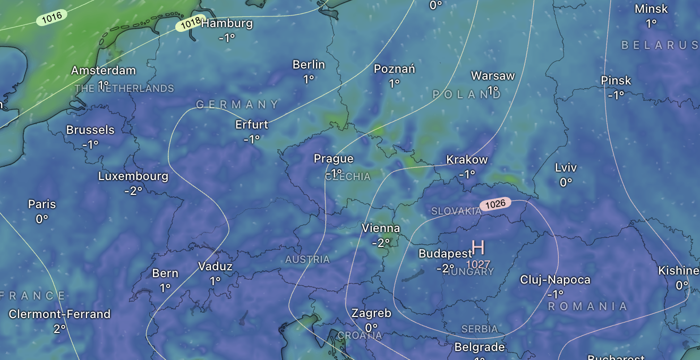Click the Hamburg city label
tap(227, 23)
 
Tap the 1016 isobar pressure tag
tap(52, 17)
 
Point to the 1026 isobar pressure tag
tap(495, 203)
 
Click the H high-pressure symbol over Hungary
tap(478, 247)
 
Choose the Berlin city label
tap(309, 65)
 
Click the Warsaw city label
tap(493, 75)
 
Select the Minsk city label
tap(651, 9)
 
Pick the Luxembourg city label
tap(133, 176)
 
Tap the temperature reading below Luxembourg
tap(133, 190)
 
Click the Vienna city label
tap(381, 228)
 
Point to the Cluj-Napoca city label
tap(555, 280)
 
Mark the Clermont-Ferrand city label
tap(59, 314)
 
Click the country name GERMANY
tap(237, 105)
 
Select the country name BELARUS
tap(660, 45)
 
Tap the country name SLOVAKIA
tap(456, 211)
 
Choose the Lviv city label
tap(566, 168)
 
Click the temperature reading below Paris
tap(42, 218)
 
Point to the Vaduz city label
tap(215, 267)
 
